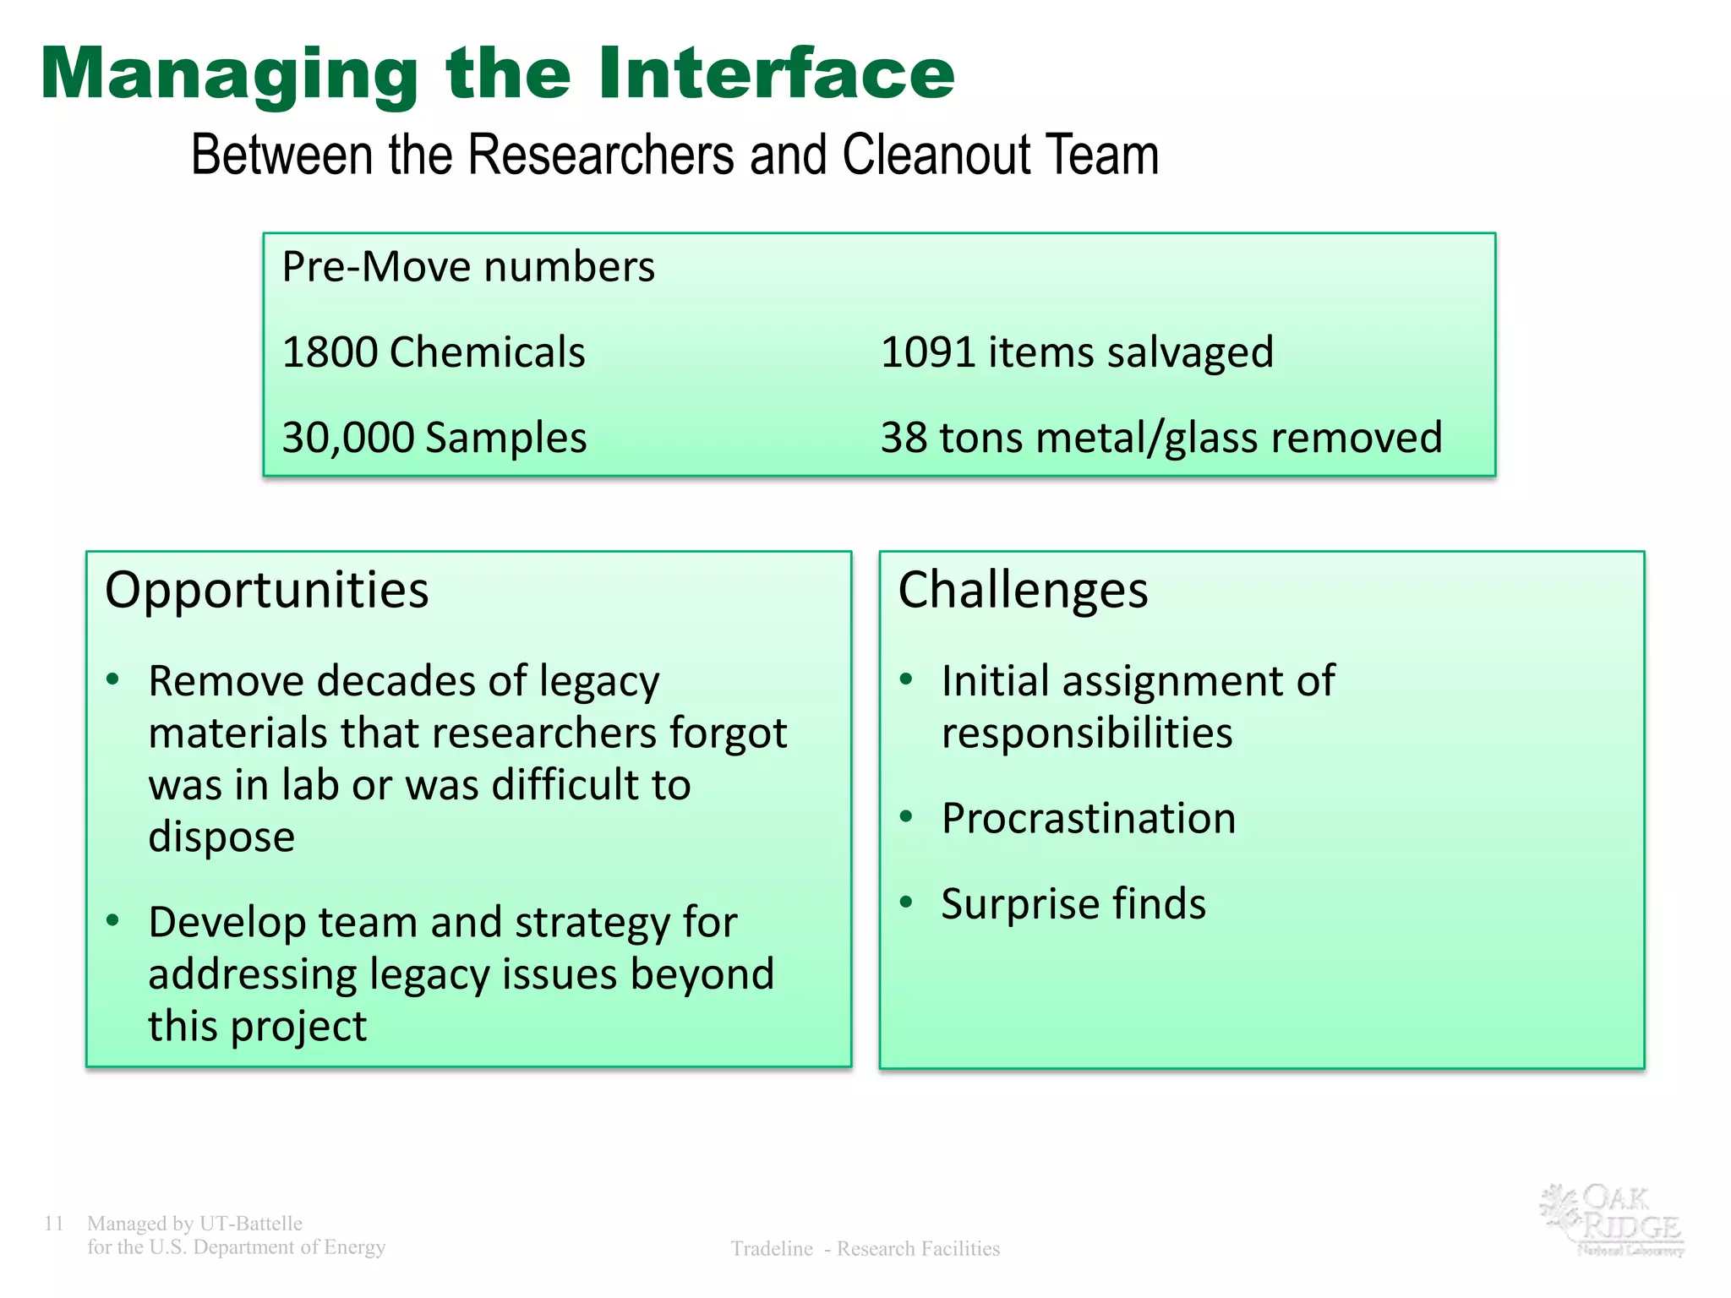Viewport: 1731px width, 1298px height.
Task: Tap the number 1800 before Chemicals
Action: coord(329,352)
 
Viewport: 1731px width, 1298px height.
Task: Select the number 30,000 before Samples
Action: coord(347,438)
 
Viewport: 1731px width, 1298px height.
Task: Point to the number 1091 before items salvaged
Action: coord(928,352)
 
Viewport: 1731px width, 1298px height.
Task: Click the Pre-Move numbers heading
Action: coord(468,267)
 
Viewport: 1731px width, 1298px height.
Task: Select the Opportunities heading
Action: coord(266,590)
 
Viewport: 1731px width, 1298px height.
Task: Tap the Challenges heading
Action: coord(1023,590)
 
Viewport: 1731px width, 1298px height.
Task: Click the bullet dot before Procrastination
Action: coord(907,816)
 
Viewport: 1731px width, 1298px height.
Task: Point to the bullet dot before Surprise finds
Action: coord(907,902)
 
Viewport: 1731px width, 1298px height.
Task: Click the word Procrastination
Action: coord(1089,818)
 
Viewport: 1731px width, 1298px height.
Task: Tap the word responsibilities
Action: coord(1087,733)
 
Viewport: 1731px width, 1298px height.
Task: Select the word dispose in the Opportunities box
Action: coord(221,837)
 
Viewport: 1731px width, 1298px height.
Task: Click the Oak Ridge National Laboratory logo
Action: coord(1612,1219)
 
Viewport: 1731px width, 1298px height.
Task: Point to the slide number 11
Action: coord(54,1224)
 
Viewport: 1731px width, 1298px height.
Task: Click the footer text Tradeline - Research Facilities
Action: coord(865,1249)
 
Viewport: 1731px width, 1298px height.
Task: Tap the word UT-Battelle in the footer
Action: coord(250,1224)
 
